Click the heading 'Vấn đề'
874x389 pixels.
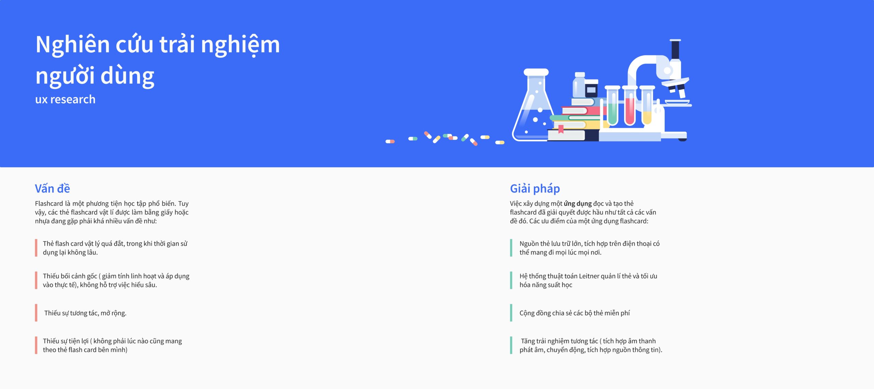coord(52,188)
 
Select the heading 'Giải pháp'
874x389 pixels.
coord(535,189)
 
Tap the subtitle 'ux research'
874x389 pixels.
coord(65,99)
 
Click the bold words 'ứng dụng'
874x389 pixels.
coord(578,204)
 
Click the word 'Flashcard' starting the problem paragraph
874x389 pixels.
coord(49,203)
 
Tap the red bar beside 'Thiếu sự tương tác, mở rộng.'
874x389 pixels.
coord(36,313)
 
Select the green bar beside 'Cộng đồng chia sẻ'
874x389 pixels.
coord(511,313)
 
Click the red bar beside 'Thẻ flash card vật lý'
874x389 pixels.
coord(36,248)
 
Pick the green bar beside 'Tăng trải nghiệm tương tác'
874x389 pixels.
coord(511,345)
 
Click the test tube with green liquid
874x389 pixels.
coord(612,106)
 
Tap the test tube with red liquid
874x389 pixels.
coord(630,106)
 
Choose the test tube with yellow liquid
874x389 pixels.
coord(647,106)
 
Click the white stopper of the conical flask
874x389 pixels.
coord(536,72)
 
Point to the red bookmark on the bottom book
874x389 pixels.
coord(561,129)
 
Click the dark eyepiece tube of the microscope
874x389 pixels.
coord(675,50)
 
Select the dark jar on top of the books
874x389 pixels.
coord(591,89)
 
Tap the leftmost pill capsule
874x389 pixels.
coord(390,142)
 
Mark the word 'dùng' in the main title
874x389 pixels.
coord(127,76)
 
